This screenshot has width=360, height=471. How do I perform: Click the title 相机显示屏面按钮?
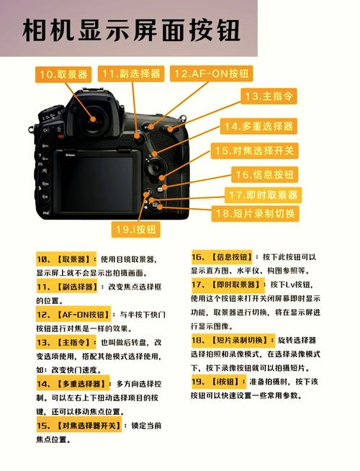click(x=130, y=31)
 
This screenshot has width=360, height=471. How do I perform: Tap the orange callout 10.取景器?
click(x=64, y=74)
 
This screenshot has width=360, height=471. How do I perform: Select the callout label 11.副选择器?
click(x=130, y=73)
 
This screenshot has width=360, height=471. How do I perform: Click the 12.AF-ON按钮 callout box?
click(x=212, y=73)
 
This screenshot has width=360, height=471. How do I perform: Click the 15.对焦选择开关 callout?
click(x=254, y=151)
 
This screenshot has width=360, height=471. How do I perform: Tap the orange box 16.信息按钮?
click(x=264, y=174)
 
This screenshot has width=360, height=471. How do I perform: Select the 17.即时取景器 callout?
click(x=263, y=194)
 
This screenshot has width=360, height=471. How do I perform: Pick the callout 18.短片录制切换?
click(x=255, y=214)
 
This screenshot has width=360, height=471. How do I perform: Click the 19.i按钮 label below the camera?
click(x=135, y=230)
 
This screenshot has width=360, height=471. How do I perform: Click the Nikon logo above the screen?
click(x=71, y=154)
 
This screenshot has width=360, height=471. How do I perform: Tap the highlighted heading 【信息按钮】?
click(x=231, y=256)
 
